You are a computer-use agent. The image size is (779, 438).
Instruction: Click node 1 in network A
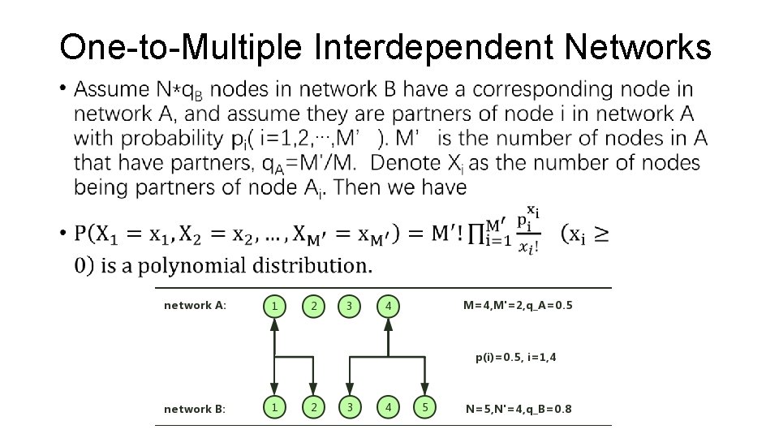pyautogui.click(x=275, y=306)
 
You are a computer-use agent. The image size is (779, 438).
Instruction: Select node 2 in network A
pyautogui.click(x=313, y=306)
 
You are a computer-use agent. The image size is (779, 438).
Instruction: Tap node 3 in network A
pyautogui.click(x=350, y=306)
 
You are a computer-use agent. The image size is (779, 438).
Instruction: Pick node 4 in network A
pyautogui.click(x=389, y=306)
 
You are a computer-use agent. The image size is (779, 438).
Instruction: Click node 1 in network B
pyautogui.click(x=275, y=408)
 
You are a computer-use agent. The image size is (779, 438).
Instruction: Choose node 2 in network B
pyautogui.click(x=313, y=408)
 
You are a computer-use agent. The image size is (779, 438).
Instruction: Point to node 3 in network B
pyautogui.click(x=350, y=408)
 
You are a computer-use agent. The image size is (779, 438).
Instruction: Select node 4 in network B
pyautogui.click(x=389, y=408)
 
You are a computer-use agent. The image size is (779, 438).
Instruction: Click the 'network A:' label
pyautogui.click(x=195, y=306)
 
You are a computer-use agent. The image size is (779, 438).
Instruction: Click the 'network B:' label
pyautogui.click(x=195, y=409)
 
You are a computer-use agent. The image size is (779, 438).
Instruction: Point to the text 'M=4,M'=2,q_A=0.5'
pyautogui.click(x=518, y=306)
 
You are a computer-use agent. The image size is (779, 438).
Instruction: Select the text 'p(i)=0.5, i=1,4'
pyautogui.click(x=516, y=356)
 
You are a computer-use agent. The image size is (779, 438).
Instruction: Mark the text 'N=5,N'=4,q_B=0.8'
pyautogui.click(x=519, y=409)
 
